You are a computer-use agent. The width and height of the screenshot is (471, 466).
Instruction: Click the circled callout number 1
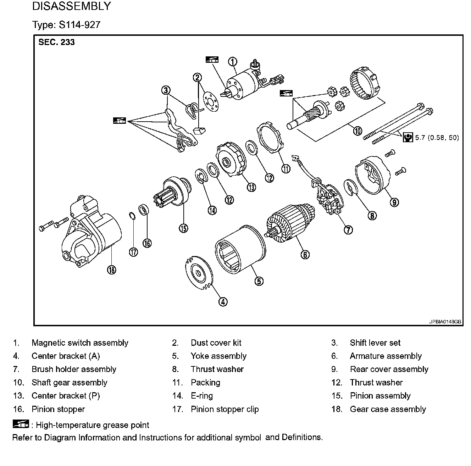tap(232, 62)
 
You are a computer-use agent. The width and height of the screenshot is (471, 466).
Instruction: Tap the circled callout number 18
tap(112, 270)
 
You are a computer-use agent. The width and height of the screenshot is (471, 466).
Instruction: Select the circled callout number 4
tap(223, 302)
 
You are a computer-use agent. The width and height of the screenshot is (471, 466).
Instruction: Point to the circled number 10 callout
tap(358, 131)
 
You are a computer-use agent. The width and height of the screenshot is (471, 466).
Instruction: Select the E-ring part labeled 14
tap(201, 176)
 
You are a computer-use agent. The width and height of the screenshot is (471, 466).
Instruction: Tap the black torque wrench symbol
tap(408, 137)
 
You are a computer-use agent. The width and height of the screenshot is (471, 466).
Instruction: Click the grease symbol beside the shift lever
tap(120, 121)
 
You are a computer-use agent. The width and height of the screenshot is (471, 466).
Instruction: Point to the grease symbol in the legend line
tap(21, 424)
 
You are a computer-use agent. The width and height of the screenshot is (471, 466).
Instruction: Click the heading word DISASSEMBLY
tap(71, 6)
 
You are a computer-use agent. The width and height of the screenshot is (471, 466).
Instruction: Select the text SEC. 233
tap(57, 42)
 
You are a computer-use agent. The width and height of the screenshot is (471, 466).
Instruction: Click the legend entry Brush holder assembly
tap(74, 369)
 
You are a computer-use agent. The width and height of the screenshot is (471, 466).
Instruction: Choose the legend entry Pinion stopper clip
tap(225, 409)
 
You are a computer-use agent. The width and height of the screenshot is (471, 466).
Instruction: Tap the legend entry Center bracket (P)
tap(66, 396)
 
